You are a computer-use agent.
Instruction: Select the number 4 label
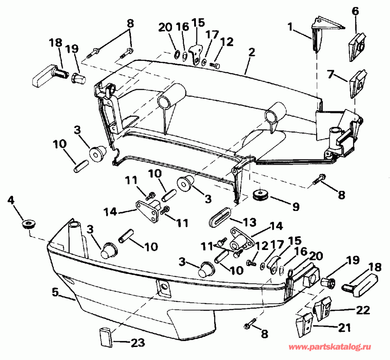(11, 201)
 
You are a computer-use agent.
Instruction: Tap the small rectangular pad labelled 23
(106, 337)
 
